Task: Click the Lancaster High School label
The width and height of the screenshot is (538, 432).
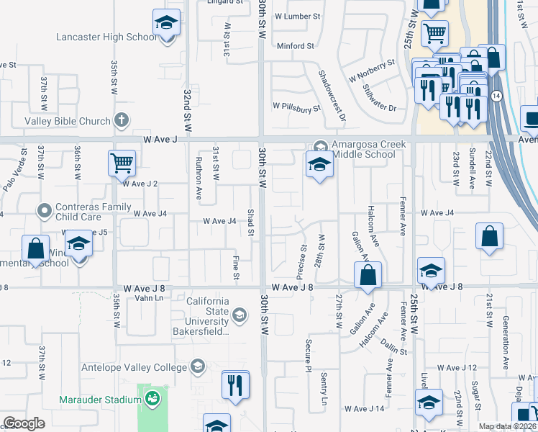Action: tap(106, 37)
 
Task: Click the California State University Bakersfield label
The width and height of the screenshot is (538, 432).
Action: tap(208, 316)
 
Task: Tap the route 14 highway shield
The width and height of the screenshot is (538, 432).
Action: tap(496, 96)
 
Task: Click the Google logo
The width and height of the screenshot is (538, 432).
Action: tap(24, 423)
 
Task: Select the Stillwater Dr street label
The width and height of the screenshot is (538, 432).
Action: tap(379, 99)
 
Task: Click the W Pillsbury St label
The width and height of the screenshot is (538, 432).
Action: tap(296, 107)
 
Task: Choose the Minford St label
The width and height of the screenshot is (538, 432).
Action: tap(296, 46)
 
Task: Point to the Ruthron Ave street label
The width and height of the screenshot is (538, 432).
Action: tap(199, 184)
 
